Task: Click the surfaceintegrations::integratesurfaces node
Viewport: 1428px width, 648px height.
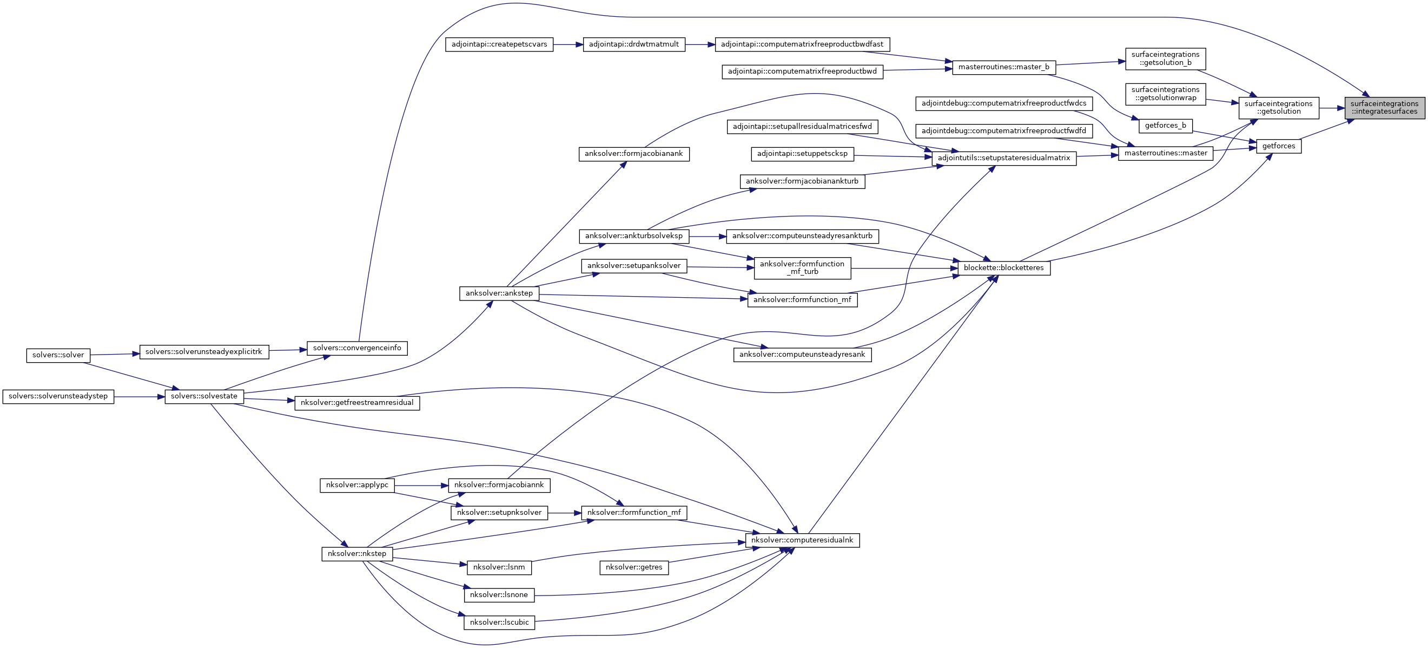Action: coord(1384,108)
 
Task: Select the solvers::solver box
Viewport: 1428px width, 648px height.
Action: coord(58,355)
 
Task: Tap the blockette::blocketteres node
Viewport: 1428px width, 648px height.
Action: coord(1003,268)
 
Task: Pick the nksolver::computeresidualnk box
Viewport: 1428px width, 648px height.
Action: coord(802,540)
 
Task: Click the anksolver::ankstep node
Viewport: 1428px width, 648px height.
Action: coord(499,293)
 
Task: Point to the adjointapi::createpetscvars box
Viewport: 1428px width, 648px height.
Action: coord(499,44)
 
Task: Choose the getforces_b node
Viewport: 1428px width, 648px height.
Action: coord(1165,126)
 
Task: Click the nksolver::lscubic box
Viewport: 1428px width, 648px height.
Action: coord(499,623)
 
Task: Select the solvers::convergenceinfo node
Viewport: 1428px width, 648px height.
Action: coord(357,349)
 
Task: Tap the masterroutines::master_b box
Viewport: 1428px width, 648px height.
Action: coord(1003,67)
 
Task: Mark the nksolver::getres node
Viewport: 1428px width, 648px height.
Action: coord(633,567)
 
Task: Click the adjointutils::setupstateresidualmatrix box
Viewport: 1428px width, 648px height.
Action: coord(1003,158)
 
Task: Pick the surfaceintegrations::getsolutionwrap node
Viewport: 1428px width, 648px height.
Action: coord(1165,94)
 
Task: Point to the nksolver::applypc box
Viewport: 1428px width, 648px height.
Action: coord(357,485)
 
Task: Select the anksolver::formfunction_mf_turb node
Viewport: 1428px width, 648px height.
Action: coord(802,268)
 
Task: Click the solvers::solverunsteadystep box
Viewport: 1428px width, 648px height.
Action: coord(58,397)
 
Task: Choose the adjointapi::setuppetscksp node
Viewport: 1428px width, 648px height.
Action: coord(802,154)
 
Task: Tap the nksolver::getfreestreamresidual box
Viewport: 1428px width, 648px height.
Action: coord(357,403)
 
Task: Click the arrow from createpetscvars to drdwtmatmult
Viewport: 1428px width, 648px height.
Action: coord(567,44)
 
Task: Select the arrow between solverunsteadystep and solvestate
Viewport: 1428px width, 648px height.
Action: coord(139,397)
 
